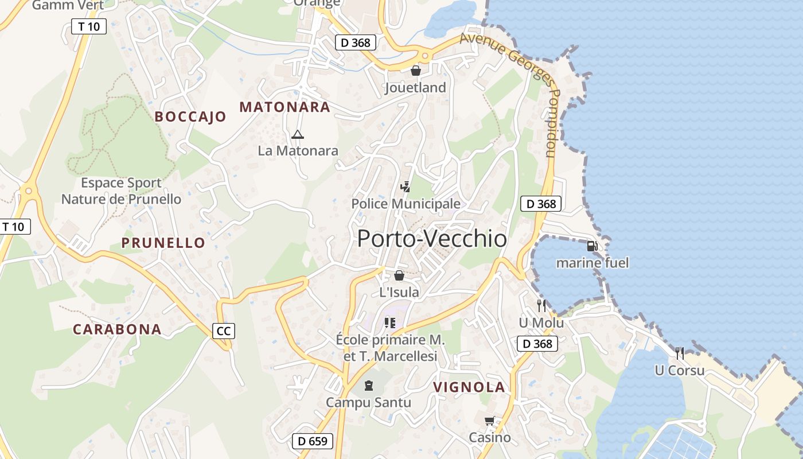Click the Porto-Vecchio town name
432,239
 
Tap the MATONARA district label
284,107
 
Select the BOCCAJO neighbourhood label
190,116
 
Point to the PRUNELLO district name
163,243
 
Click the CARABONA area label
117,329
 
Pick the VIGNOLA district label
469,387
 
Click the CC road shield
224,331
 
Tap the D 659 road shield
313,441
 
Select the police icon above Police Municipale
406,187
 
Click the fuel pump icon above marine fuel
592,246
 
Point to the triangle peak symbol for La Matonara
297,135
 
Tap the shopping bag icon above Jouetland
415,71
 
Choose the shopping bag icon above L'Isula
399,275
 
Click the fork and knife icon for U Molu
541,306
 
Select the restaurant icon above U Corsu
680,353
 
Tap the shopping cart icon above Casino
489,422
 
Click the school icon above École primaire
391,323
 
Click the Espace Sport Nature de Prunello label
121,191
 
